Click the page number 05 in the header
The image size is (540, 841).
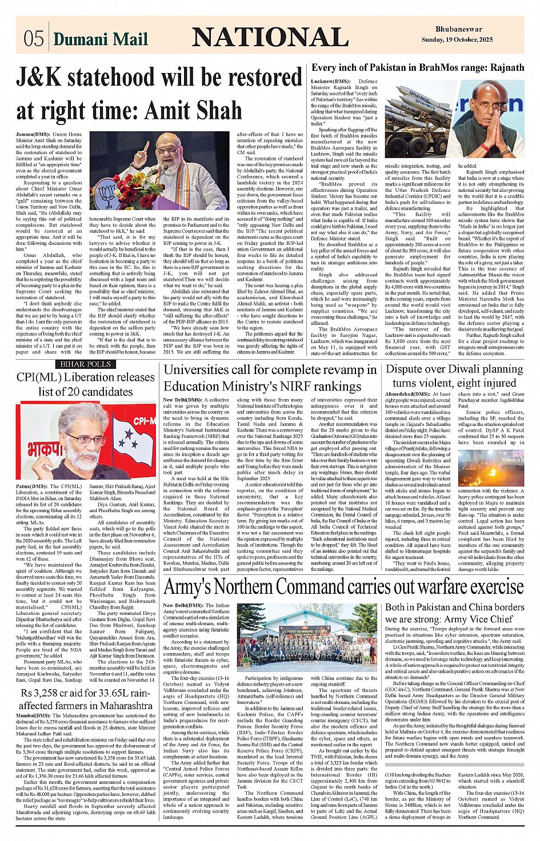[x=34, y=38]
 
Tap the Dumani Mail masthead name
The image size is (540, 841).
[x=101, y=39]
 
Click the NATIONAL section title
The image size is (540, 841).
[x=270, y=38]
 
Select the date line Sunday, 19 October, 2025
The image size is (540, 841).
[x=457, y=40]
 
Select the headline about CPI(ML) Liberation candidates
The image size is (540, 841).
[x=86, y=384]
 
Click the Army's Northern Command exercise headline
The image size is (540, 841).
[x=343, y=587]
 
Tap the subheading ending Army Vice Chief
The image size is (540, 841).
[x=449, y=613]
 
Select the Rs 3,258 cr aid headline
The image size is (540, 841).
[x=86, y=699]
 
